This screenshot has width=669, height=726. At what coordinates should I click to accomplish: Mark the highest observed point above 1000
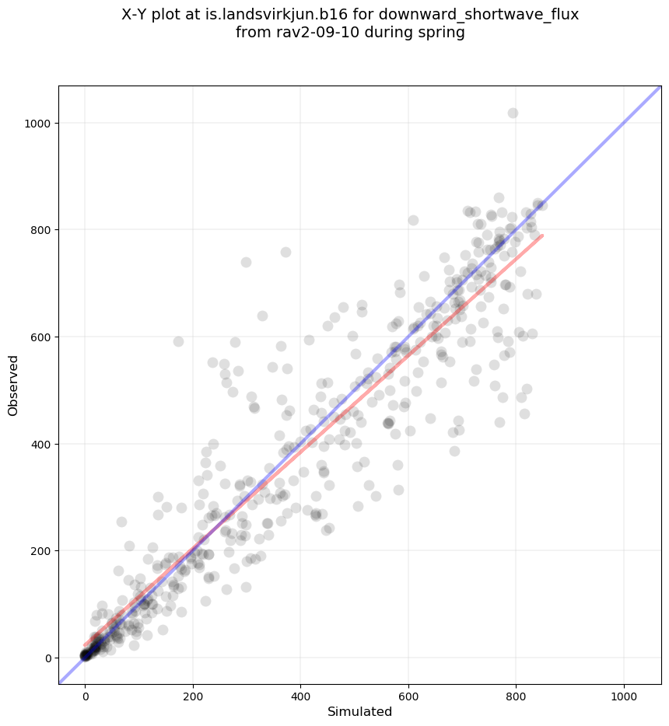(513, 113)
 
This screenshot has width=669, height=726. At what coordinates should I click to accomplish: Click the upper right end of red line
(541, 236)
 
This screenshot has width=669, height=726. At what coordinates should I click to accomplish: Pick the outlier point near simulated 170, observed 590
(178, 342)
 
